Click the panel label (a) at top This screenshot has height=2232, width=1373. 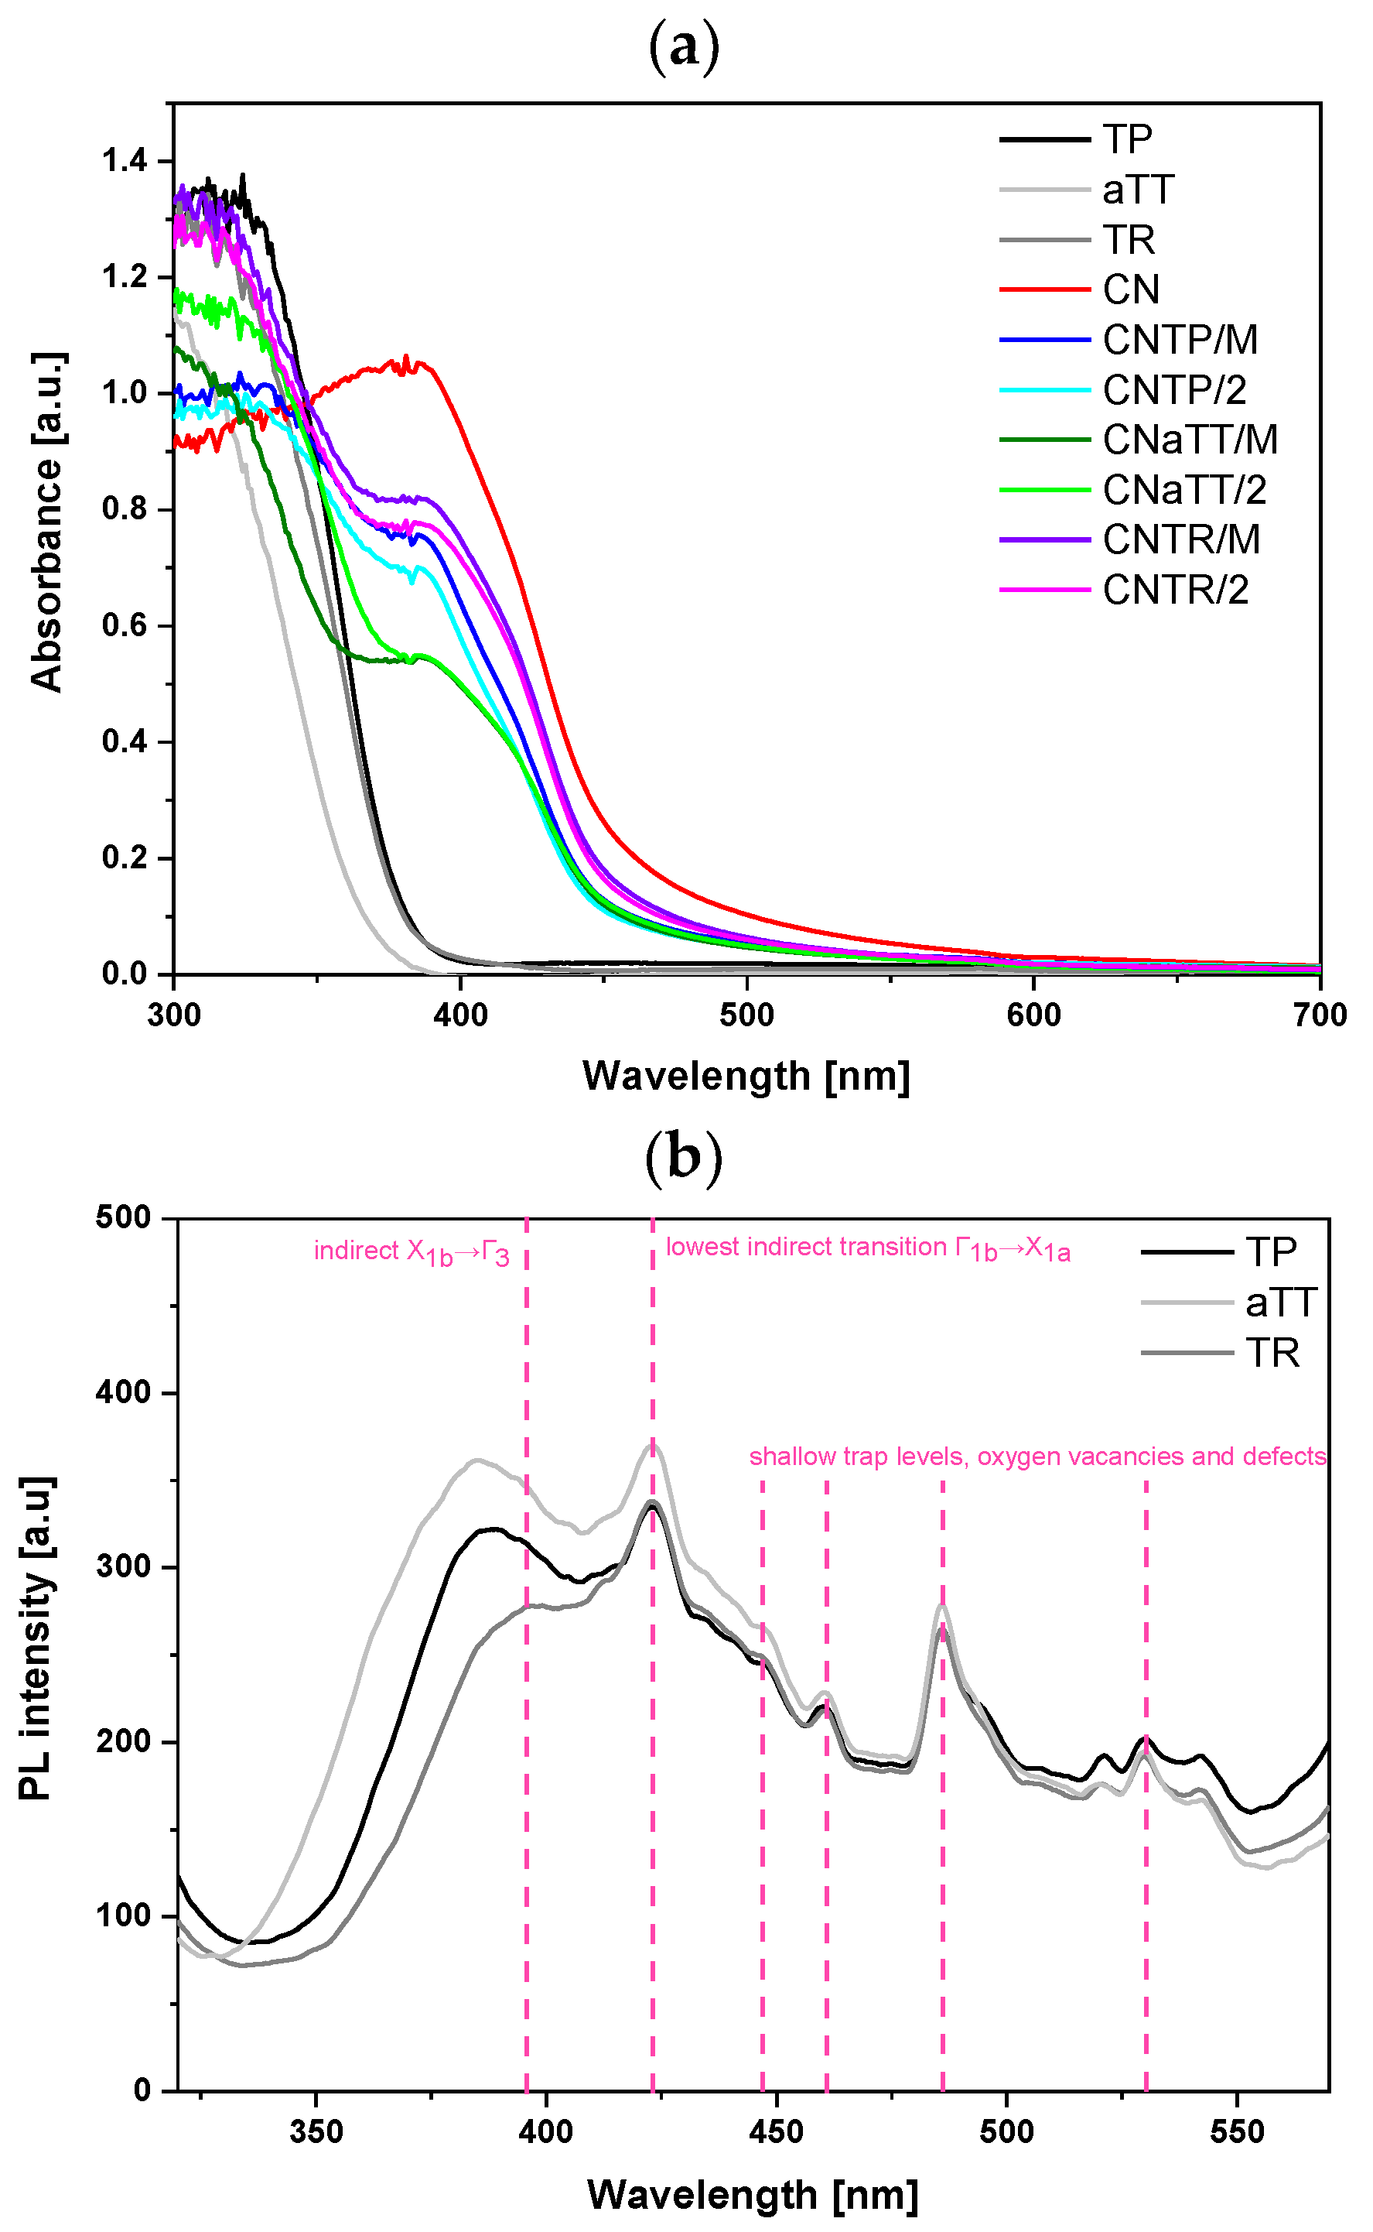684,47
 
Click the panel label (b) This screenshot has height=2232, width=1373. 684,1160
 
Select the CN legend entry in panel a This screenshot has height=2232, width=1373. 1131,289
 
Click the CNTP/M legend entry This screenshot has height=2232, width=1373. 1180,340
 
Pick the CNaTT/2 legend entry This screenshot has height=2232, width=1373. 1183,490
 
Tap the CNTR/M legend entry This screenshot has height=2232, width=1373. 1180,539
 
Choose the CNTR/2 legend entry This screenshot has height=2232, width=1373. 1175,591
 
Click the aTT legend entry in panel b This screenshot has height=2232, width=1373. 1279,1303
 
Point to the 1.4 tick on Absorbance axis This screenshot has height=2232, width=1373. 125,161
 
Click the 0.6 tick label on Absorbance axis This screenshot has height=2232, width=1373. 125,626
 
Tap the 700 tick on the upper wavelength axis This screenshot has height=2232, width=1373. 1320,1015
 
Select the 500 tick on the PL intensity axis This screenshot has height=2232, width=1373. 124,1218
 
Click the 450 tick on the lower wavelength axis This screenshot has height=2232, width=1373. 777,2132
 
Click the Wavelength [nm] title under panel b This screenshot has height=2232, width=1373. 753,2196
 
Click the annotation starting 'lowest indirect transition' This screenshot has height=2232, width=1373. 868,1248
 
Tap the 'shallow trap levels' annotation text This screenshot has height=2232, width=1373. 1037,1457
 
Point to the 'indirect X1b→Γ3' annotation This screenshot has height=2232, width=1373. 412,1251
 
